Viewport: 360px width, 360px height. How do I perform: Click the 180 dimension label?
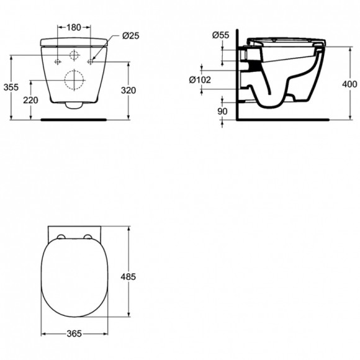click(x=74, y=27)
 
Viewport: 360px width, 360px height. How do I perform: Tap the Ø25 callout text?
click(x=130, y=35)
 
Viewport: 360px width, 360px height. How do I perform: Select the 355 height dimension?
click(x=11, y=88)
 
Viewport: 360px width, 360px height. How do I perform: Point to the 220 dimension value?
click(x=30, y=100)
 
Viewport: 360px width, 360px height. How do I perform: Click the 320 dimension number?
click(x=128, y=91)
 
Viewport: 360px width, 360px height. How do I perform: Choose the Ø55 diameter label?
click(x=220, y=35)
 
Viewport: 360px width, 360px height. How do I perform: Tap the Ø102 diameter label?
click(x=200, y=79)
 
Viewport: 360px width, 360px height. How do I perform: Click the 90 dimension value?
click(x=222, y=111)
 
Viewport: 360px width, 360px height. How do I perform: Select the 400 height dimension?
click(x=349, y=84)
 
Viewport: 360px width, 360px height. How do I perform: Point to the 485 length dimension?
click(x=128, y=277)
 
